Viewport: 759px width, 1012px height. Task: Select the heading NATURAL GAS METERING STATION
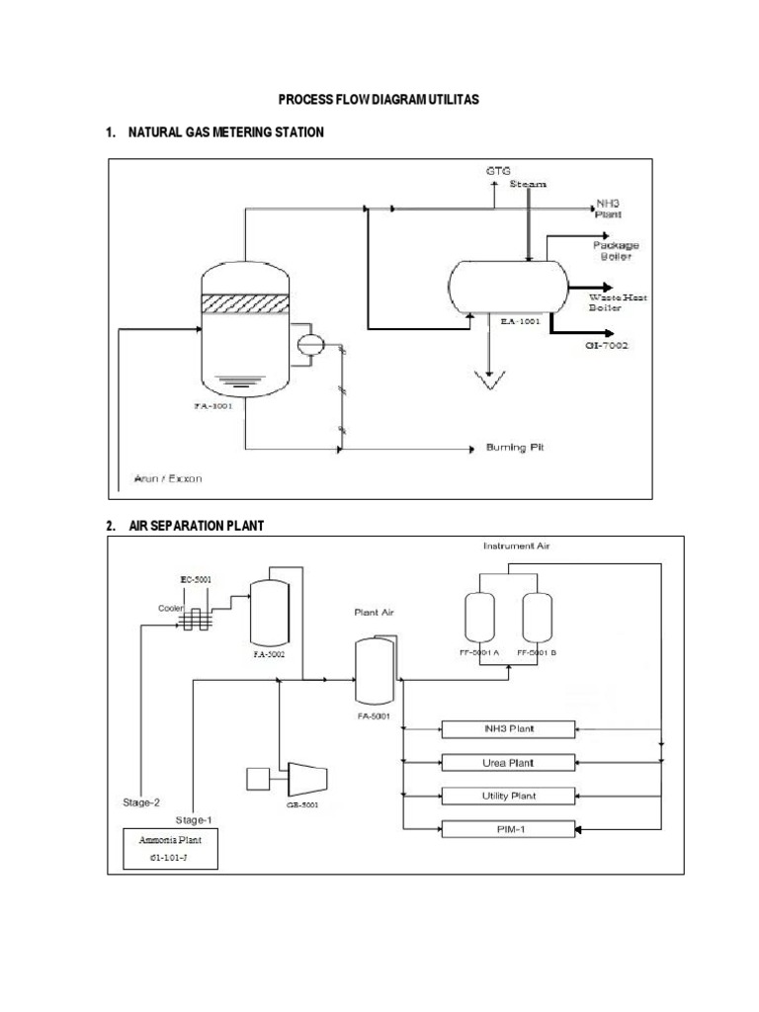click(225, 132)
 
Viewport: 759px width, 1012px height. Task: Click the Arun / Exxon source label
click(167, 479)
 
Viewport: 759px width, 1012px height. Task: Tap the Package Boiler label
click(616, 250)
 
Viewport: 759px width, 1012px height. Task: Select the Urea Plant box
click(507, 762)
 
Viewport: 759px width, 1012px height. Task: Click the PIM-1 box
click(507, 829)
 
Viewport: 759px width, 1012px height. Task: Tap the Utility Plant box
click(507, 796)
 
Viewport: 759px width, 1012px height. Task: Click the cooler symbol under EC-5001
click(198, 618)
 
